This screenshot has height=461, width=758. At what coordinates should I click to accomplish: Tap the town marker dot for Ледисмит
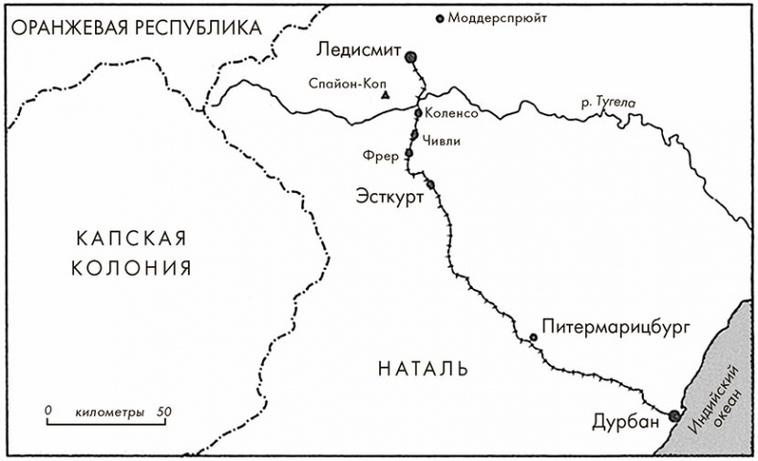(x=412, y=58)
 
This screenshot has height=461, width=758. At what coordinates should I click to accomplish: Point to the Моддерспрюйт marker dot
(x=440, y=17)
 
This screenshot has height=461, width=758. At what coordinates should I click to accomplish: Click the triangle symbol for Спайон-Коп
(x=385, y=96)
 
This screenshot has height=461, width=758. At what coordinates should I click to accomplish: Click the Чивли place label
(x=441, y=141)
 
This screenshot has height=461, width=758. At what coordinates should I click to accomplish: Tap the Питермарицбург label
(x=616, y=327)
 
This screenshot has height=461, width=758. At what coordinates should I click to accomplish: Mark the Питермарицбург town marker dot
(x=533, y=336)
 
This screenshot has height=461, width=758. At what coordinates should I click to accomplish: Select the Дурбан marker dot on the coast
(x=675, y=416)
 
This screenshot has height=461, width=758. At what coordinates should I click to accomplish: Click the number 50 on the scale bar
(x=164, y=411)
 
